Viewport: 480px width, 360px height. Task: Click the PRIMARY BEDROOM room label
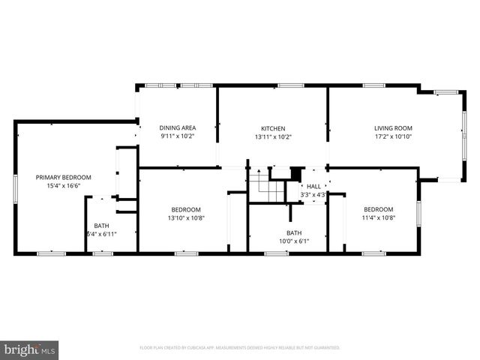64,178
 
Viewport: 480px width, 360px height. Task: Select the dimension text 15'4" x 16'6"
64,187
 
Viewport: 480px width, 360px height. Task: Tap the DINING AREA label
178,128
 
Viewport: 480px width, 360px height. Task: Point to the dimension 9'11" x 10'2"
178,137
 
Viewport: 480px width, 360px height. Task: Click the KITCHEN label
273,128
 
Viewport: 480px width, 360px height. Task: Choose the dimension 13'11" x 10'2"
273,137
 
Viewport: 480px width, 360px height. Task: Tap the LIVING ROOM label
393,128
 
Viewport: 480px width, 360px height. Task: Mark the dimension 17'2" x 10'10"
393,137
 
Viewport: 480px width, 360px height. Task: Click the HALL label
313,187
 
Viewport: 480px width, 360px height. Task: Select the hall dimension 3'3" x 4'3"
313,195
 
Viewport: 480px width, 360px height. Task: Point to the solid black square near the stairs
295,171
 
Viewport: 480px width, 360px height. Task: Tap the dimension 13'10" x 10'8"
185,218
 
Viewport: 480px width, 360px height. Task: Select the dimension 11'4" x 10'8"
379,218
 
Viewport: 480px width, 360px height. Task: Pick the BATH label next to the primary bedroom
101,226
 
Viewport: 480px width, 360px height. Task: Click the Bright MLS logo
30,349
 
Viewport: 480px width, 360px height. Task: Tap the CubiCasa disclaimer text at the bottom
240,348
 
